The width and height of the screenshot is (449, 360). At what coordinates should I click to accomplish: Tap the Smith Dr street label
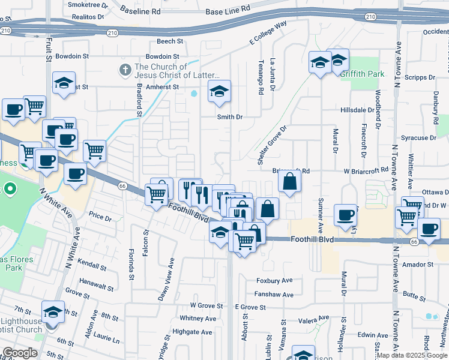(x=229, y=117)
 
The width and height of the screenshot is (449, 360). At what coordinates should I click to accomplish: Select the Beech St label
(x=169, y=41)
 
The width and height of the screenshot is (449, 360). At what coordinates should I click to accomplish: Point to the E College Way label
(x=268, y=34)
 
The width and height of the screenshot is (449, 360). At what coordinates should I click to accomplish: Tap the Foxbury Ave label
(x=274, y=280)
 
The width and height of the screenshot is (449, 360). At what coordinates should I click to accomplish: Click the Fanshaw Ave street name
(x=273, y=295)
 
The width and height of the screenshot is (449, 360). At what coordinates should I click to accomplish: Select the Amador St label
(x=418, y=264)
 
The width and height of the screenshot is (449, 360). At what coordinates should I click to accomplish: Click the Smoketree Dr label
(x=88, y=5)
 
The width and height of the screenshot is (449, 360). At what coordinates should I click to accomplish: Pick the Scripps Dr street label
(x=420, y=77)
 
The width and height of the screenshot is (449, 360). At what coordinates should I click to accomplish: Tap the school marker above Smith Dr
(x=219, y=92)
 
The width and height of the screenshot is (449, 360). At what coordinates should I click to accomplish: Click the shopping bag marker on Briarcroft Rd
(x=289, y=181)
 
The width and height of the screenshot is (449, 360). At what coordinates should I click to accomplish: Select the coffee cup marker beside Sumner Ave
(x=345, y=215)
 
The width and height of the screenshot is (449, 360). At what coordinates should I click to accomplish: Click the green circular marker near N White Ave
(x=10, y=191)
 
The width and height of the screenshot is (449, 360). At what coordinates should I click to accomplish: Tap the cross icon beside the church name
(x=125, y=70)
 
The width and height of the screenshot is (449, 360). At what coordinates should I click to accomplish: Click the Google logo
(x=20, y=353)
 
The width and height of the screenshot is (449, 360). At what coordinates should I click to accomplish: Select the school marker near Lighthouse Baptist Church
(x=53, y=312)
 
